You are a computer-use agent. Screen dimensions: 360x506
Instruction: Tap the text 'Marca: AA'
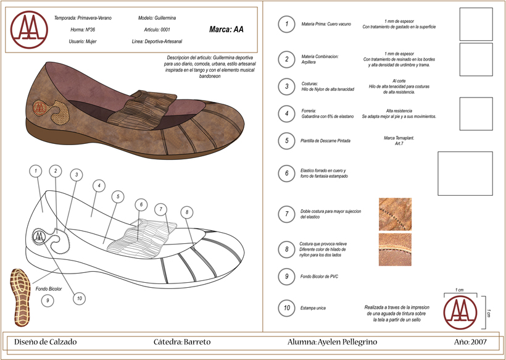click(226, 29)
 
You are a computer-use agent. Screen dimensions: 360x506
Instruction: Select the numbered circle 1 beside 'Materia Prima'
click(286, 24)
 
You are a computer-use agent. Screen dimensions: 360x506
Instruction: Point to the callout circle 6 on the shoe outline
click(141, 204)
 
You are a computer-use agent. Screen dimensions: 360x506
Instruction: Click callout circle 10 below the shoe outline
click(78, 298)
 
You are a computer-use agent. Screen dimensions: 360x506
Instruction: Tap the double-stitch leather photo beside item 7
click(395, 214)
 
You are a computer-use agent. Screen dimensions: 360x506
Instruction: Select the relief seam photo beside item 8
click(395, 249)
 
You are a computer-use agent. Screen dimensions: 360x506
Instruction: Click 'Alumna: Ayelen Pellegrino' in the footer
click(332, 341)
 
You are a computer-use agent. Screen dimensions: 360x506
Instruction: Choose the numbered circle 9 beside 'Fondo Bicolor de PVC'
click(286, 277)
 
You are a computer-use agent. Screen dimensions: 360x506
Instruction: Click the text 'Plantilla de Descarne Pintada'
click(325, 141)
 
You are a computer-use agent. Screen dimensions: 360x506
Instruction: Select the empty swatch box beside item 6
click(465, 174)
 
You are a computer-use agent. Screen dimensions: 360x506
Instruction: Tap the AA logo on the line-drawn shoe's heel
click(39, 236)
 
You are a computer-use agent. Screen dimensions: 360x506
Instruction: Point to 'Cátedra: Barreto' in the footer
click(182, 341)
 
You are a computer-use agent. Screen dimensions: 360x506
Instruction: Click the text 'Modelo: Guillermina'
click(157, 18)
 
